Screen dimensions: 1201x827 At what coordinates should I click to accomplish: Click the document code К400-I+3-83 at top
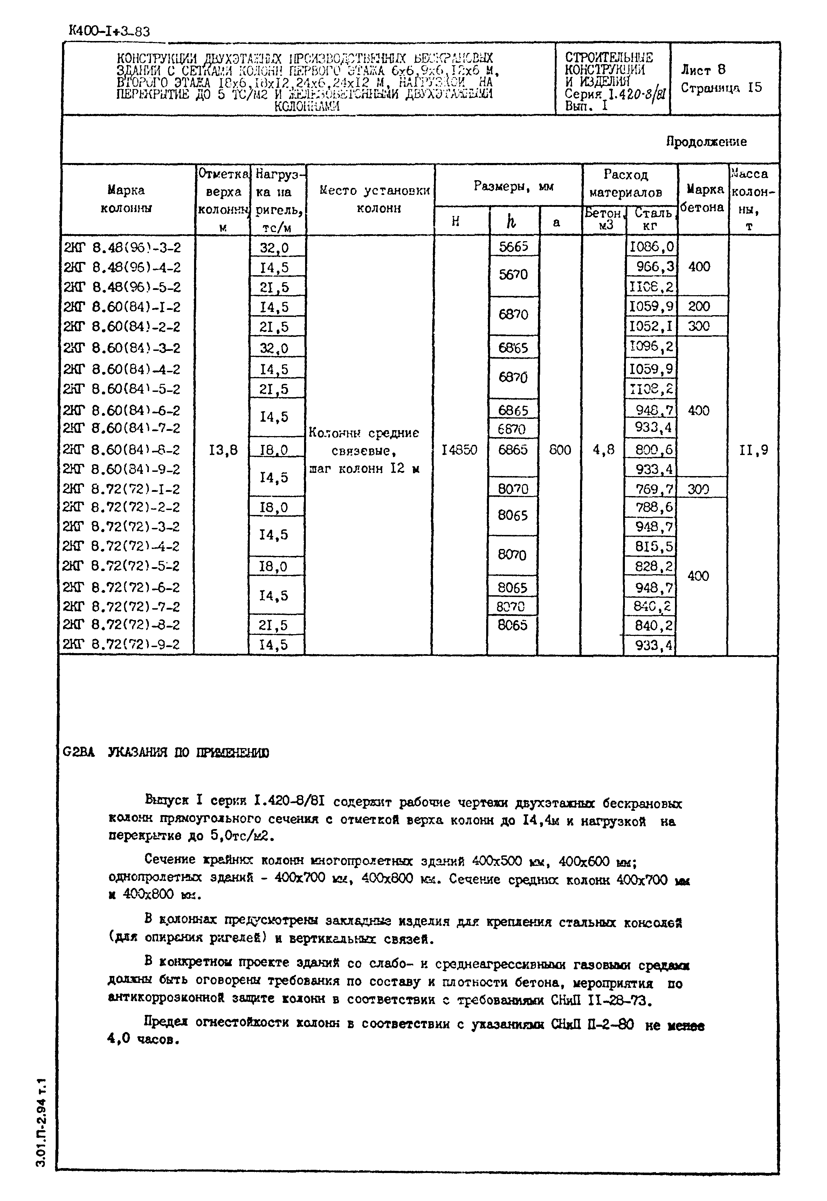[x=109, y=32]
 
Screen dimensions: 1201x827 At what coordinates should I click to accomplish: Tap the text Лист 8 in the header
[x=703, y=69]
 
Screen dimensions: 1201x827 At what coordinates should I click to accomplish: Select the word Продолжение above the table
[x=706, y=142]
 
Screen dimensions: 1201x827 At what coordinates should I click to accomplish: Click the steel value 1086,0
[x=651, y=247]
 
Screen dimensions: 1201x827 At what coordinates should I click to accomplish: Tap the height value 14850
[x=459, y=450]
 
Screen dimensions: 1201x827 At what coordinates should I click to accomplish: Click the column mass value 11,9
[x=753, y=450]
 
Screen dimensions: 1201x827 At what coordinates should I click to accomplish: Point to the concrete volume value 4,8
[x=603, y=450]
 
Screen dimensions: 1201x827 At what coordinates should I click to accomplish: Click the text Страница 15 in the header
[x=721, y=88]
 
